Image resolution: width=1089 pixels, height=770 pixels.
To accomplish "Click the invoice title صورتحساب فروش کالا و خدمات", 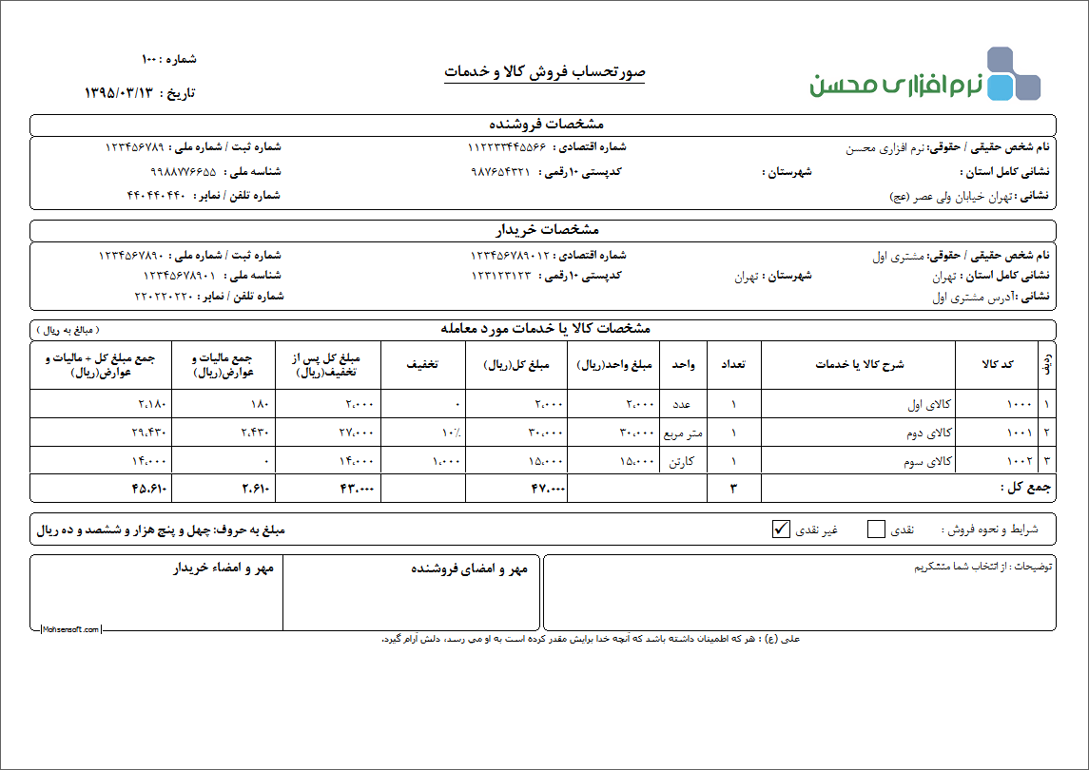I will [x=545, y=72].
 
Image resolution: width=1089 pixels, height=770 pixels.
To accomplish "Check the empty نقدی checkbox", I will [x=876, y=529].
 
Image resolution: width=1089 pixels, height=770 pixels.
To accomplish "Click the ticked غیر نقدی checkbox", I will [x=782, y=529].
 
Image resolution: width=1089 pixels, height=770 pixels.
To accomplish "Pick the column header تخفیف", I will [x=422, y=364].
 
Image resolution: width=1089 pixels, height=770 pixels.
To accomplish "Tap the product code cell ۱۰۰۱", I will [x=1019, y=433].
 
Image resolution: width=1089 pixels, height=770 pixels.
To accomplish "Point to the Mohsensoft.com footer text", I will [x=70, y=629].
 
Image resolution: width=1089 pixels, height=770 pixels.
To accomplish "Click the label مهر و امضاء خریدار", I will [x=224, y=568].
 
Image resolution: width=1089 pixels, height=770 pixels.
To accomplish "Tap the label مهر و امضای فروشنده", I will [x=469, y=568].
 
